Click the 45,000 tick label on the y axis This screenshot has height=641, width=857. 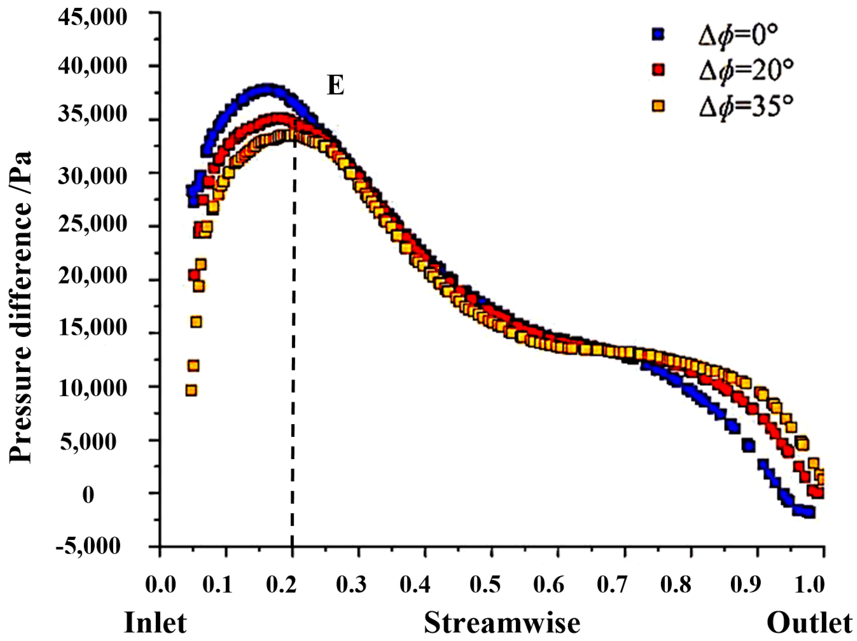click(x=92, y=17)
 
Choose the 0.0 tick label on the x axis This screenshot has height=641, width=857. click(x=160, y=585)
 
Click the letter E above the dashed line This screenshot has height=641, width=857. click(x=336, y=86)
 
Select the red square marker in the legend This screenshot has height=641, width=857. click(x=658, y=70)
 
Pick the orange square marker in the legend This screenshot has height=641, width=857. click(x=658, y=106)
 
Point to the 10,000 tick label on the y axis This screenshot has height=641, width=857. click(x=92, y=388)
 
